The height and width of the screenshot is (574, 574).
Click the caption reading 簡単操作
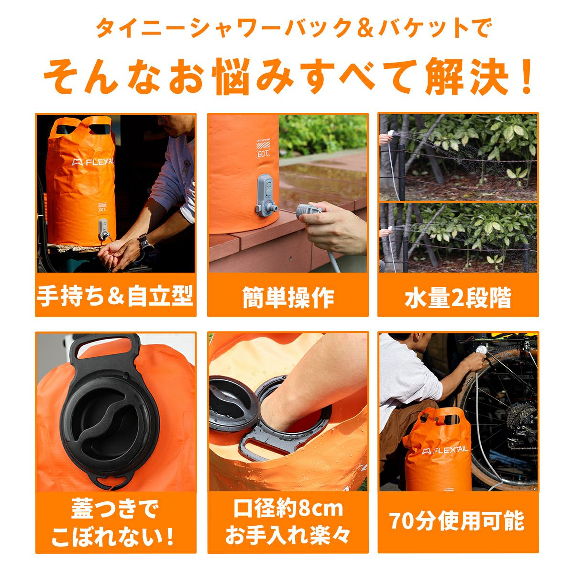click(x=288, y=297)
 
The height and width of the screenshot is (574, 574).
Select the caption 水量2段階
click(x=458, y=297)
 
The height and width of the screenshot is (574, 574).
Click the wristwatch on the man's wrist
click(x=145, y=242)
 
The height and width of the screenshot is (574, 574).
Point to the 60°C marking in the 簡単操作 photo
click(x=263, y=154)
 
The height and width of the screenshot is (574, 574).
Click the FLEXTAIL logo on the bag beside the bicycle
click(x=445, y=450)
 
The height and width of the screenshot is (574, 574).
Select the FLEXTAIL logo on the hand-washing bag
click(x=93, y=162)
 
